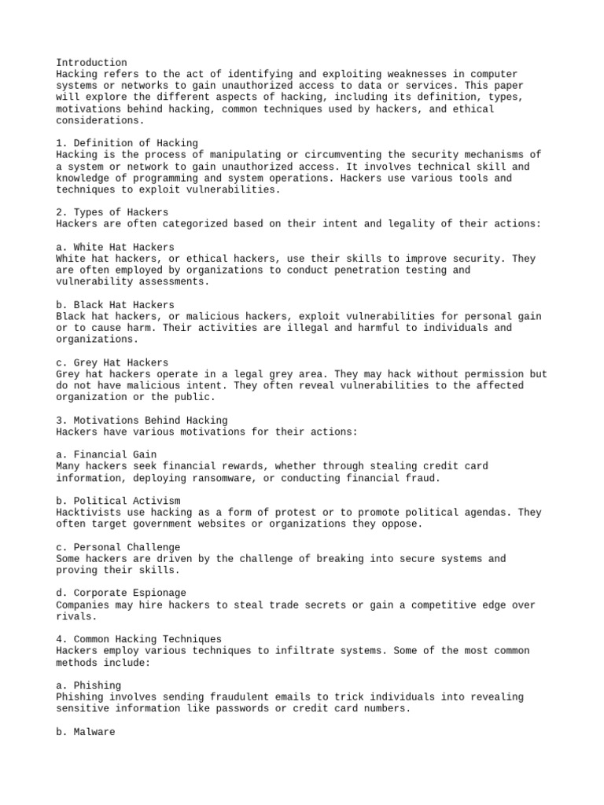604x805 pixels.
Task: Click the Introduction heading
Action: click(x=91, y=63)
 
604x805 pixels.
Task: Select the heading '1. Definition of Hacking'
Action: click(x=127, y=143)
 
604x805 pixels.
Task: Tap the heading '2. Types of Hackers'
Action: click(x=112, y=212)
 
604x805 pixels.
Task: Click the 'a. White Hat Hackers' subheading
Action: click(x=116, y=247)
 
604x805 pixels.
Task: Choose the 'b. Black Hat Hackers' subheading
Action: click(x=116, y=305)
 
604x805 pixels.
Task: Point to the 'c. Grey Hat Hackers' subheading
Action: click(x=112, y=362)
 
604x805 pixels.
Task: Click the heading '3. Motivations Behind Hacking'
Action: click(x=142, y=421)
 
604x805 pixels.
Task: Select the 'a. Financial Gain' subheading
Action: click(x=107, y=454)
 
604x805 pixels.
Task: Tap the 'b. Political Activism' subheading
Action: click(x=119, y=501)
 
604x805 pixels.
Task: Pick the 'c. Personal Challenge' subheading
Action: click(x=119, y=547)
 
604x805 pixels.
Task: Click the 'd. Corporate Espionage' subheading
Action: click(x=121, y=593)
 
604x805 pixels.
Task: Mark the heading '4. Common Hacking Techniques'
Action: click(x=139, y=639)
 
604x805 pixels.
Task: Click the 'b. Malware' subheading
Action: click(x=86, y=732)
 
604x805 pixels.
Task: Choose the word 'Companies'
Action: click(x=83, y=605)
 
